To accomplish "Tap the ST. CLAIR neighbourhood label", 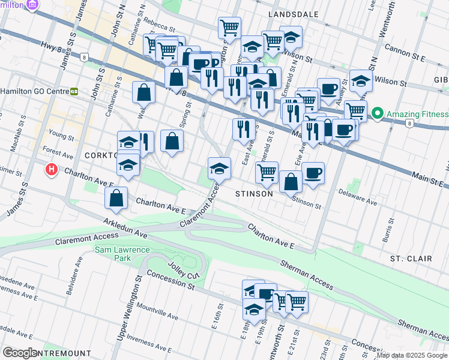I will pyautogui.click(x=411, y=259).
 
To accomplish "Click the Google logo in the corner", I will pyautogui.click(x=20, y=353).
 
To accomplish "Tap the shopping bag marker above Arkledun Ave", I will pyautogui.click(x=116, y=199).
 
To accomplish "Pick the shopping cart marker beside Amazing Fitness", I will pyautogui.click(x=355, y=110).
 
